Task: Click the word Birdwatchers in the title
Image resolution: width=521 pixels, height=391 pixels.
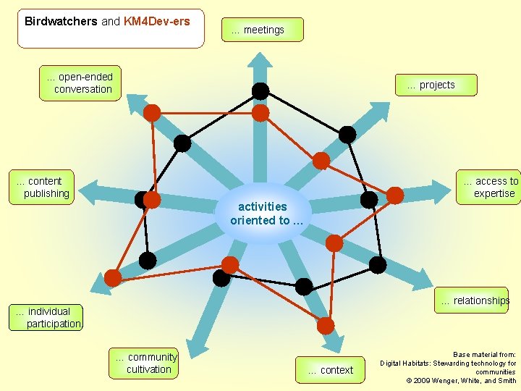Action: pos(61,21)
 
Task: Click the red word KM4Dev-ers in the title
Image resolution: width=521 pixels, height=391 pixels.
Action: pos(157,21)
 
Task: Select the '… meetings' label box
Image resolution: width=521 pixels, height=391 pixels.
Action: pos(262,30)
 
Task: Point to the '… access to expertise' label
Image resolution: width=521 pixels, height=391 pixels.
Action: pos(490,187)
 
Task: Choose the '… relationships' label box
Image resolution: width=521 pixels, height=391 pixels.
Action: pos(471,300)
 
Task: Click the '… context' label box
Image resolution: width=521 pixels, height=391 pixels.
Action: pos(330,370)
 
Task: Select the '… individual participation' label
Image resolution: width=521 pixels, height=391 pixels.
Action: pos(48,317)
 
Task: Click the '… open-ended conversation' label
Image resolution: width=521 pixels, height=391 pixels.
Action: pos(80,83)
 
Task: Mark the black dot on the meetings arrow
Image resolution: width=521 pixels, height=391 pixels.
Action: pos(260,91)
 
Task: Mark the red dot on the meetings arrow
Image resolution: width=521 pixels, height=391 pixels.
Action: pos(260,113)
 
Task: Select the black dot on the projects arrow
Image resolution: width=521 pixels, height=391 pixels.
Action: pos(347,135)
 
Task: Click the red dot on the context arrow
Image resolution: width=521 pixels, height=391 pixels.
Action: pos(326,326)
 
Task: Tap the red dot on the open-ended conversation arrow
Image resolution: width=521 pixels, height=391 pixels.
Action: pos(152,112)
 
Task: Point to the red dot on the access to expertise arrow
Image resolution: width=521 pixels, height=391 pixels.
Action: pos(395,195)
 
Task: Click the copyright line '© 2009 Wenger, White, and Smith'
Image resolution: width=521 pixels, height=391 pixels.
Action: pos(461,380)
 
